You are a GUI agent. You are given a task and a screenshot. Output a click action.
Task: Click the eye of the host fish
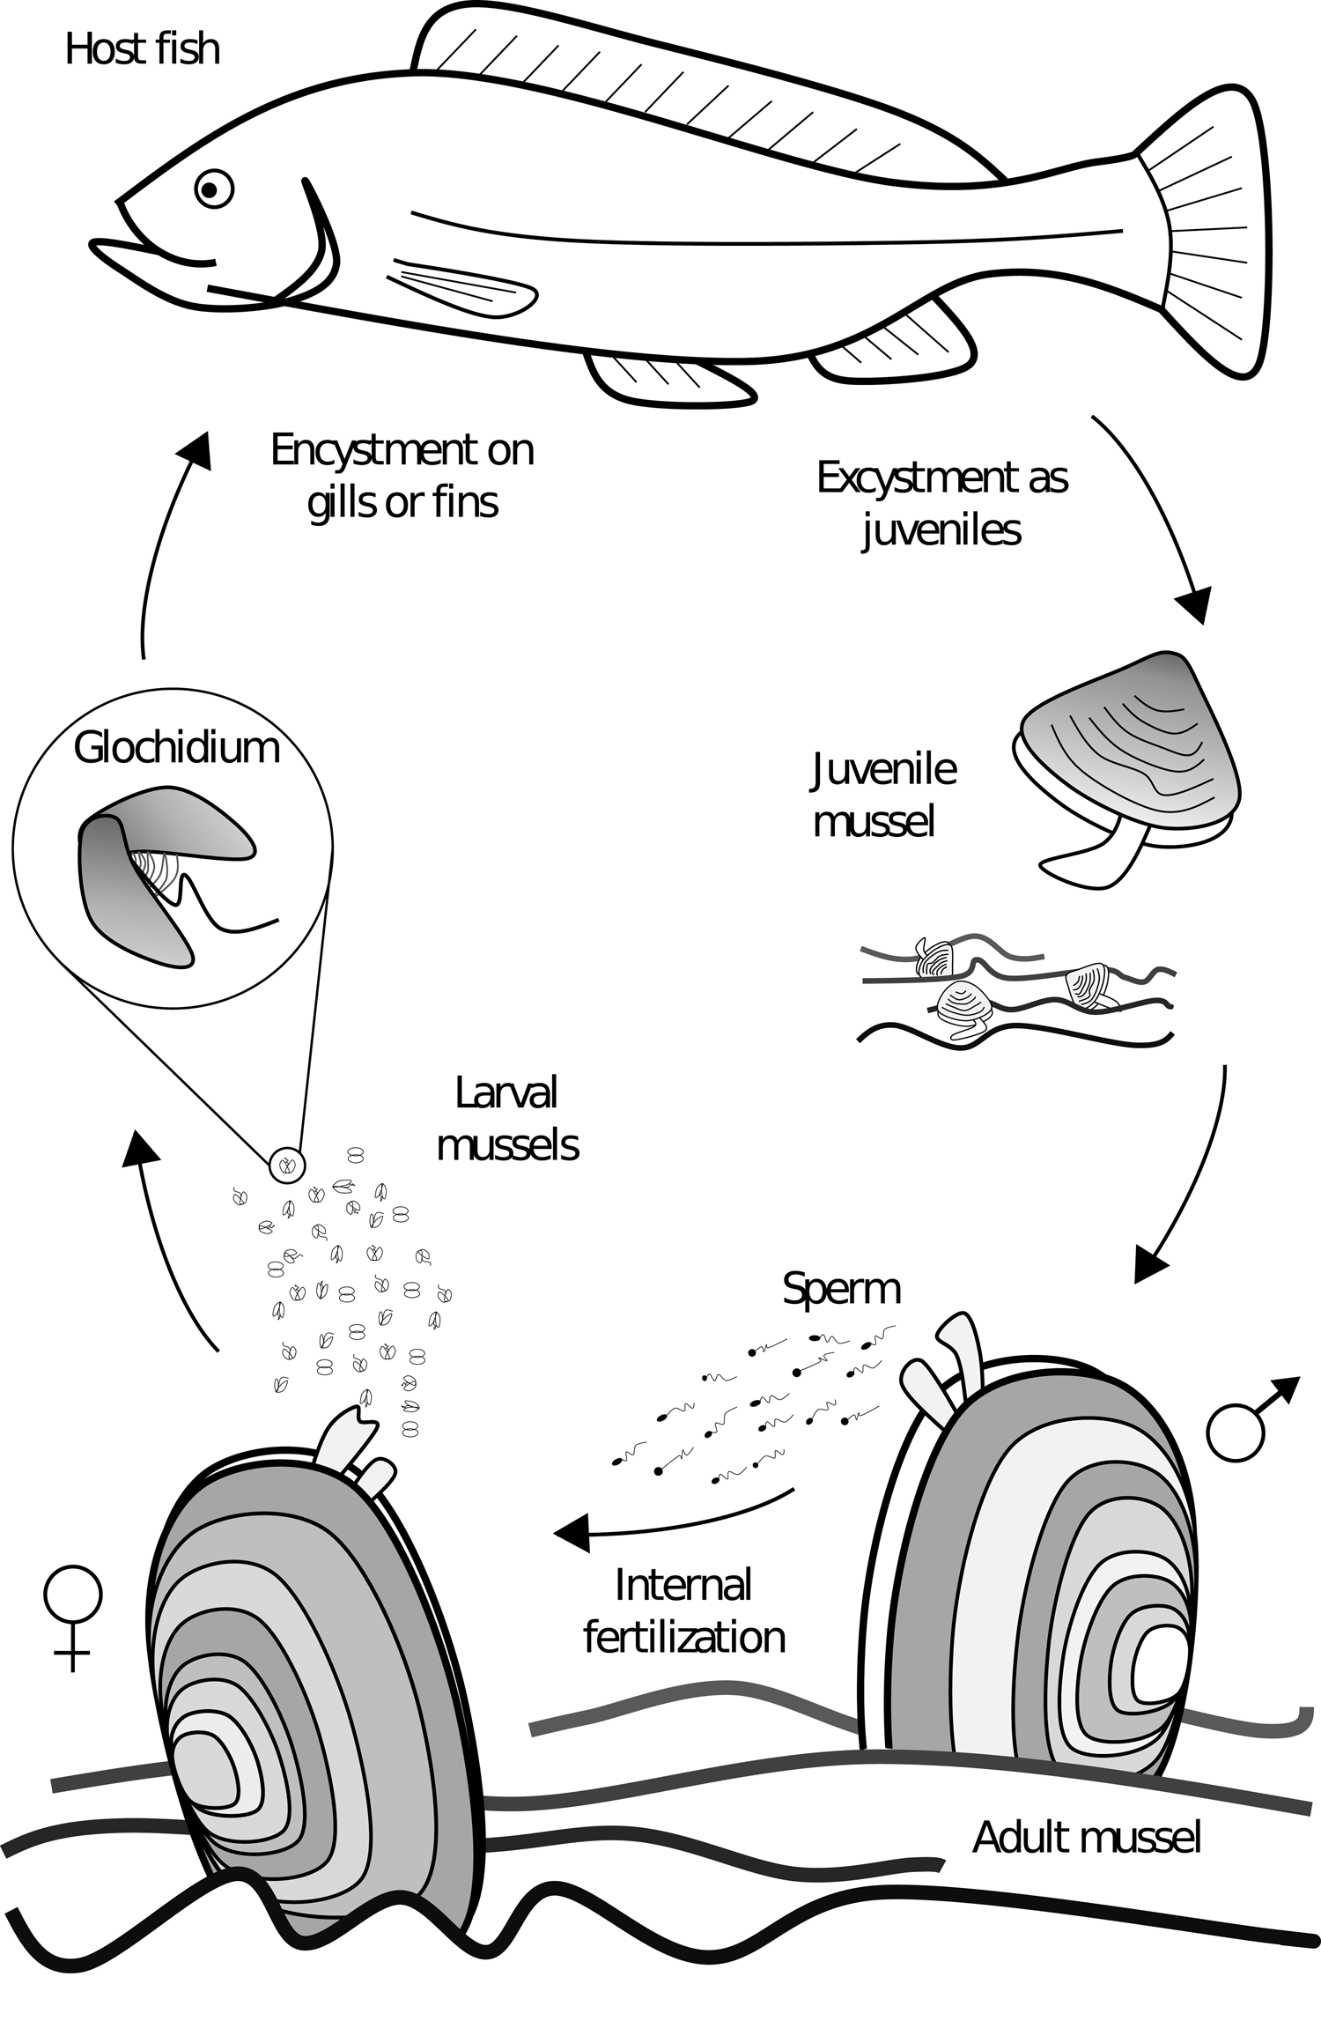point(212,188)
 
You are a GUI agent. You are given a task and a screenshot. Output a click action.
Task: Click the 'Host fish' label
point(143,49)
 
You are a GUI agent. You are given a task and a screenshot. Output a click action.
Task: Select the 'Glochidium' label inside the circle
point(176,748)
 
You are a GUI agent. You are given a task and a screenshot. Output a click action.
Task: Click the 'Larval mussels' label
point(507,1119)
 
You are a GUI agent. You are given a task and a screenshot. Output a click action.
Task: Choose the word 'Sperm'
point(841,1289)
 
